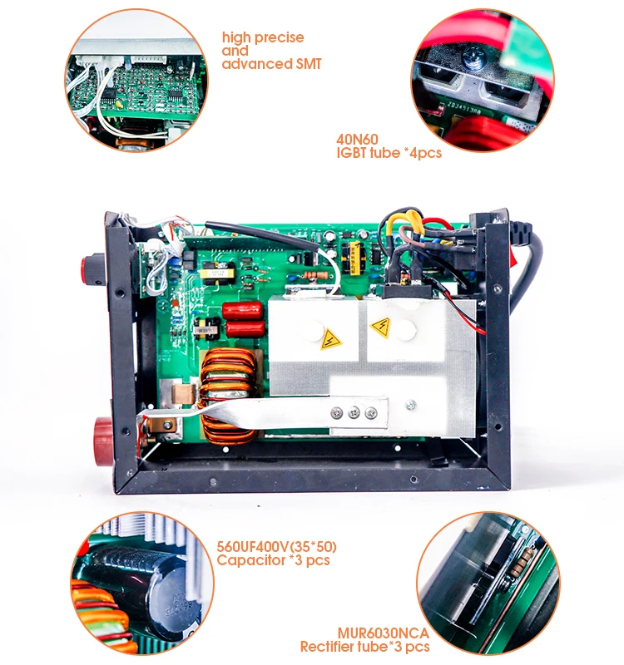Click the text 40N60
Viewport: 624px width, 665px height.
click(354, 139)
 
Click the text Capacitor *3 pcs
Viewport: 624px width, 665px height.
click(273, 560)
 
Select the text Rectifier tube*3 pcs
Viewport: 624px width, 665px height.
click(365, 646)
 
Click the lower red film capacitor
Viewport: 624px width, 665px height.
click(245, 329)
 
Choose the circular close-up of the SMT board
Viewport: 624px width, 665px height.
click(137, 81)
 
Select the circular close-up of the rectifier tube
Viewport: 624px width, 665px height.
click(483, 581)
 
